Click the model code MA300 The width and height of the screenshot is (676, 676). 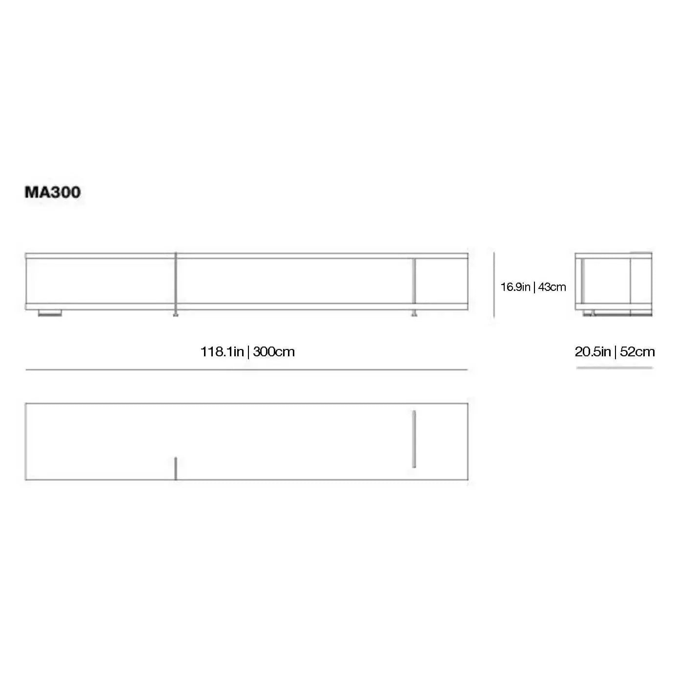pos(53,192)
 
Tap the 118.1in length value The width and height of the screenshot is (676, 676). pos(222,352)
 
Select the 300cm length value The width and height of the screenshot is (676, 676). pos(274,352)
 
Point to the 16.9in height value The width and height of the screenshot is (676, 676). pos(515,287)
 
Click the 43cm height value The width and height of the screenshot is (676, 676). pos(552,287)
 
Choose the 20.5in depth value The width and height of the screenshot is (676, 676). pos(593,352)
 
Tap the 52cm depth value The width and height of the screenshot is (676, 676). pos(637,352)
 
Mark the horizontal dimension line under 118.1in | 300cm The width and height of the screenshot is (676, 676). pos(246,370)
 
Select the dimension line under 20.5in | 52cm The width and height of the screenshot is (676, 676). pos(615,368)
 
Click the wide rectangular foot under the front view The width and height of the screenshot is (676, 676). pos(50,313)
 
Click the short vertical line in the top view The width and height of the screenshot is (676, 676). pos(176,469)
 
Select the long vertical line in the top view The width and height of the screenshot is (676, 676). pos(414,439)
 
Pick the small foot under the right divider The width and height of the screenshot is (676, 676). pos(414,314)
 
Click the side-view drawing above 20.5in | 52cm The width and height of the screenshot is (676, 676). pos(614,284)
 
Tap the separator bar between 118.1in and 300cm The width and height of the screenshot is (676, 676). pos(248,352)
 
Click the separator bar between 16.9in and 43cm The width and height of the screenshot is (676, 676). pos(534,287)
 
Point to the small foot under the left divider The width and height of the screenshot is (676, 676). pos(176,314)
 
